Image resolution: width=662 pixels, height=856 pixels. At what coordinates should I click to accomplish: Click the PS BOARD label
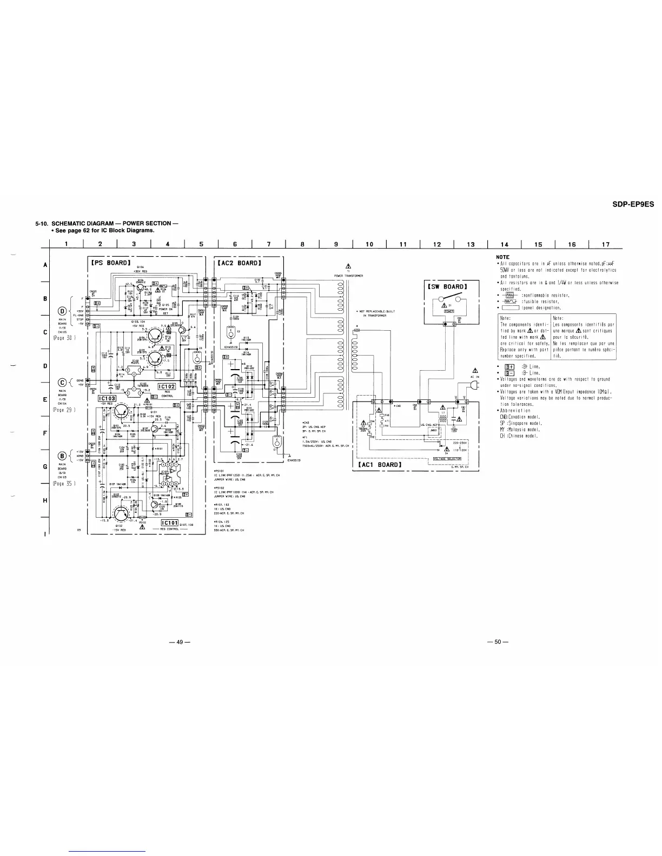108,263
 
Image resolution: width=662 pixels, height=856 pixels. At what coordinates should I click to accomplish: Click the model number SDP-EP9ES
633,204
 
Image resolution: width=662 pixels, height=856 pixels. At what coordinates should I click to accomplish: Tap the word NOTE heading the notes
503,257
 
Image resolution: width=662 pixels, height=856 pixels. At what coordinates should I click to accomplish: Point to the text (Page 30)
65,338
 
